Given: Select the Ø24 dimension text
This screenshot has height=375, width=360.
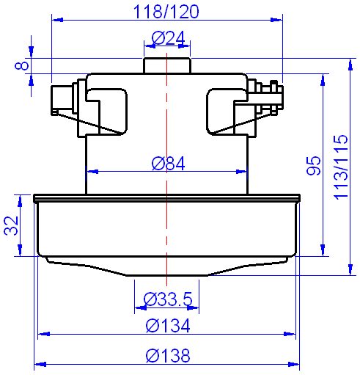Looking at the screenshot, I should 168,38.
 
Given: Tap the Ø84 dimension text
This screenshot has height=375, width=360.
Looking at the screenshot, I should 168,163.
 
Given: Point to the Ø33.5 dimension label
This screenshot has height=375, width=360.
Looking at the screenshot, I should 168,299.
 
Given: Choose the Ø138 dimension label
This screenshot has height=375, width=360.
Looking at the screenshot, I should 168,356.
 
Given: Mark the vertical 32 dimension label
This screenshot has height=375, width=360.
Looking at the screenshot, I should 11,225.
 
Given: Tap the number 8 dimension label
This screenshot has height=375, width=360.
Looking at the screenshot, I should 23,66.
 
